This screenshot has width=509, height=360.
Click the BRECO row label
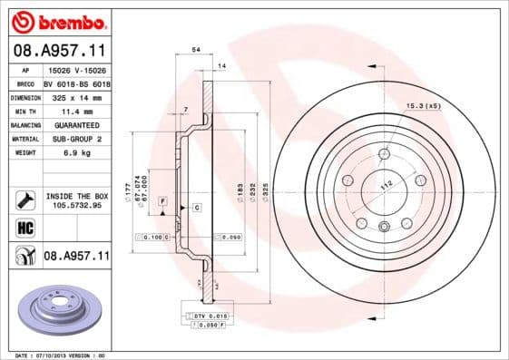26,82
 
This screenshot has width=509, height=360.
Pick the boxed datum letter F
162,199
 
